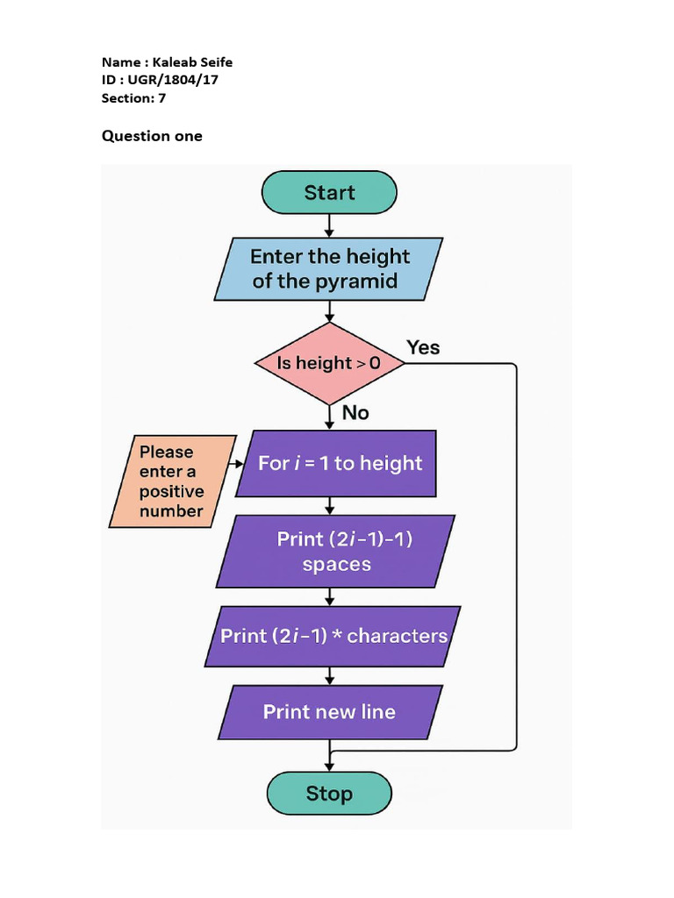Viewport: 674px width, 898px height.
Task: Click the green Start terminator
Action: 329,193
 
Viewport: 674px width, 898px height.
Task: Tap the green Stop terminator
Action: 329,794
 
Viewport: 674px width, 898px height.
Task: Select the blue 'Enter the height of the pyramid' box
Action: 329,269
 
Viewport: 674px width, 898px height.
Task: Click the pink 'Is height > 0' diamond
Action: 329,363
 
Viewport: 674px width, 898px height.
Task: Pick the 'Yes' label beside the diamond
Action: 423,348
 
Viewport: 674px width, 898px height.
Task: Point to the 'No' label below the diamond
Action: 355,412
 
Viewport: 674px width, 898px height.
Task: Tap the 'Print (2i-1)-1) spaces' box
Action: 336,552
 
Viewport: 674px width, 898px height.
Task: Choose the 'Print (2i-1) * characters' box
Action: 333,636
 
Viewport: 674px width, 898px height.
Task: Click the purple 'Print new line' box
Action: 329,712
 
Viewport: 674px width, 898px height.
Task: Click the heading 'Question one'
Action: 152,136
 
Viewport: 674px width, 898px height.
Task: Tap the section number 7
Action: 161,98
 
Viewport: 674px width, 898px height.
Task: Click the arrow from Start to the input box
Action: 329,225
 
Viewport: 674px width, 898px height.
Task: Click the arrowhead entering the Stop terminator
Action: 329,766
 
